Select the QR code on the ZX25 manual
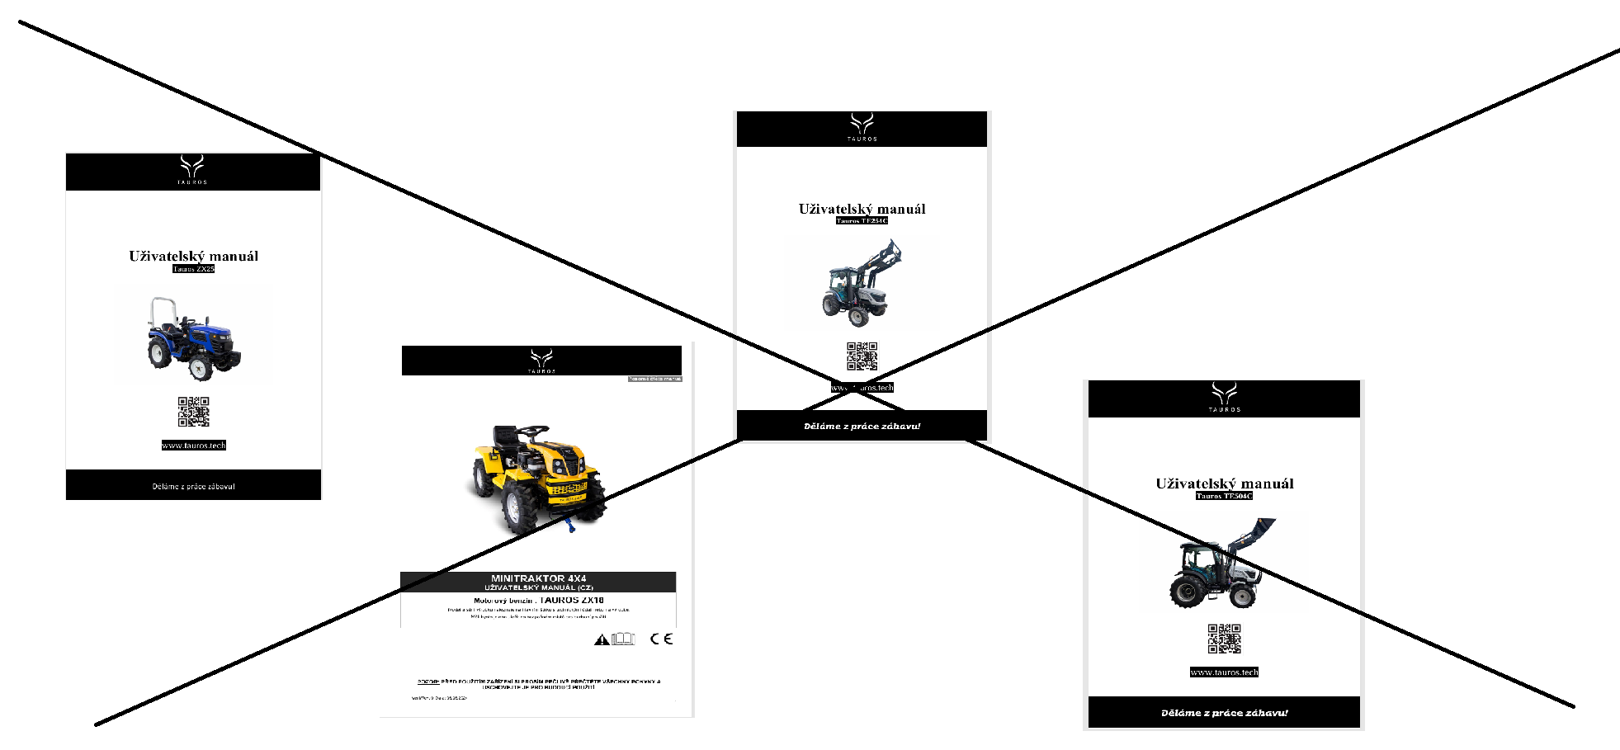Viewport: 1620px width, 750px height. (x=194, y=411)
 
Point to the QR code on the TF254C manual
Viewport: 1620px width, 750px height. (x=862, y=356)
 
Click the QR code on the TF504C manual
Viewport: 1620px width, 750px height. (x=1224, y=639)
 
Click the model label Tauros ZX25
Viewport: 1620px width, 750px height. (x=194, y=269)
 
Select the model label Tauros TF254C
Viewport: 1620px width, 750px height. (x=862, y=221)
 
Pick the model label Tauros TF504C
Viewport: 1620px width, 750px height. (x=1224, y=496)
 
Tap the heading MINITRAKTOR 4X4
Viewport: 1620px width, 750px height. (x=538, y=578)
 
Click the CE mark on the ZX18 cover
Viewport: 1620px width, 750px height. (x=661, y=639)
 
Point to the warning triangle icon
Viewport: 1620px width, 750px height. (x=602, y=639)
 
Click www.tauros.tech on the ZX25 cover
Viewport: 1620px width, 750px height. (x=194, y=446)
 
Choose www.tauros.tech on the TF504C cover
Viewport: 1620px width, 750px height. (x=1224, y=672)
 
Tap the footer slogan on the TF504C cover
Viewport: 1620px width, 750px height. (x=1224, y=713)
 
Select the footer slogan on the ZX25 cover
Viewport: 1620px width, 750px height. (x=194, y=486)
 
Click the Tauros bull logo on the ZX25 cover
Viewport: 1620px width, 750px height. (x=192, y=167)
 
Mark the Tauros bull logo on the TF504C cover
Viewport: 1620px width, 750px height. (x=1224, y=394)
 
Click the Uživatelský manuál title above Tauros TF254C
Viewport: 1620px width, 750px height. (x=862, y=209)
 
